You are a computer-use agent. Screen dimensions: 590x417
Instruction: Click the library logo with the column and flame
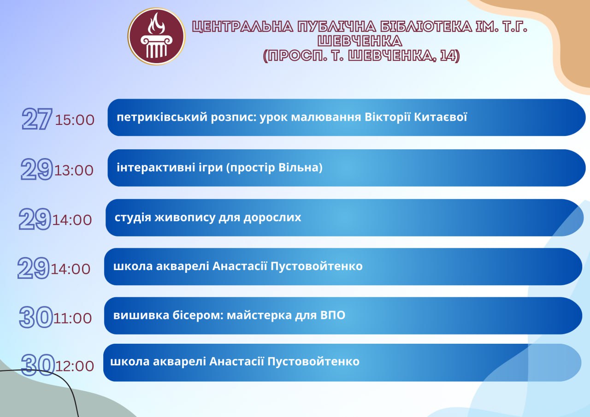tap(156, 36)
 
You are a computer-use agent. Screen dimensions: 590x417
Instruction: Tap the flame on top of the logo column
tap(156, 23)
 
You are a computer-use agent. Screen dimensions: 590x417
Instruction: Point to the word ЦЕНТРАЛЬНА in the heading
tap(242, 27)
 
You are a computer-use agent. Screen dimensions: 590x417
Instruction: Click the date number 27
tap(37, 119)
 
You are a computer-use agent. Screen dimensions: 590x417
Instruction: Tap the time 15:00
tap(75, 120)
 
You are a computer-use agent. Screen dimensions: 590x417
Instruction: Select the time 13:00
tap(74, 170)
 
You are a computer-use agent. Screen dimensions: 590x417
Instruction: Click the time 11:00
tap(72, 318)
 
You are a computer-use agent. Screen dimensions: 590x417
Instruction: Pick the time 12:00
tap(75, 366)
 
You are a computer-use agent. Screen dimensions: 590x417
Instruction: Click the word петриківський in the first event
tap(162, 117)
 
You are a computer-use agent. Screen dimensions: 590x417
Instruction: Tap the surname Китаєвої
tap(440, 117)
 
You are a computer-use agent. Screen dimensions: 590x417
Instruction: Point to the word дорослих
tap(272, 218)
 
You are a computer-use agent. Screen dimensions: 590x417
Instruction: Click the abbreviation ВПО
tap(333, 315)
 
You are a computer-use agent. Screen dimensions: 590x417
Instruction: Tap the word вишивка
tap(141, 315)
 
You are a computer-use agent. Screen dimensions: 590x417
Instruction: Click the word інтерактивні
tap(156, 167)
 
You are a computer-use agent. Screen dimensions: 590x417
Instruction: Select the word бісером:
tap(198, 315)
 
